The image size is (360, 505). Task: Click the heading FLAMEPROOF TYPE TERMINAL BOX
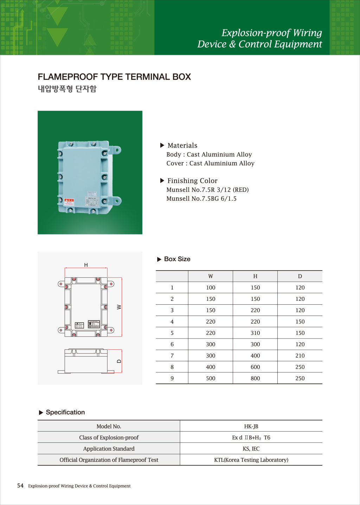(114, 77)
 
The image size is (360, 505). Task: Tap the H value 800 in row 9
(255, 378)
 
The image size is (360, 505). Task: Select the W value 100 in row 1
(211, 288)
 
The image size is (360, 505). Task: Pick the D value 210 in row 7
(300, 356)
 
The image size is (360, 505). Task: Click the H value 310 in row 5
(255, 333)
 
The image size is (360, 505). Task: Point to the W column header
(211, 277)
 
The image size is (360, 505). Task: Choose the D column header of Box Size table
(300, 277)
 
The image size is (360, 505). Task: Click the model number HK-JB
(251, 426)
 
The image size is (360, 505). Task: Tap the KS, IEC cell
(251, 449)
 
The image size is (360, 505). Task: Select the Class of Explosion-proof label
(109, 438)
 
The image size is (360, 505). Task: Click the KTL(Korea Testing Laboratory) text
(251, 460)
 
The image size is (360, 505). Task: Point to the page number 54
(20, 486)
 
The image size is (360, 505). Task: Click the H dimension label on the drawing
(86, 265)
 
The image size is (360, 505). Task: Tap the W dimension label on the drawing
(119, 307)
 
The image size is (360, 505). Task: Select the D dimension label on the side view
(119, 361)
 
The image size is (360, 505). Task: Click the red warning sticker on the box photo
(69, 202)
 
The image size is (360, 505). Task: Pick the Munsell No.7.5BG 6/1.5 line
(201, 199)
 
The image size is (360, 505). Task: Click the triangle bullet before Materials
(162, 145)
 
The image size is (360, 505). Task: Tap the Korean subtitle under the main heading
(67, 89)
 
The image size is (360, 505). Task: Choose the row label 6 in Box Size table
(172, 344)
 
